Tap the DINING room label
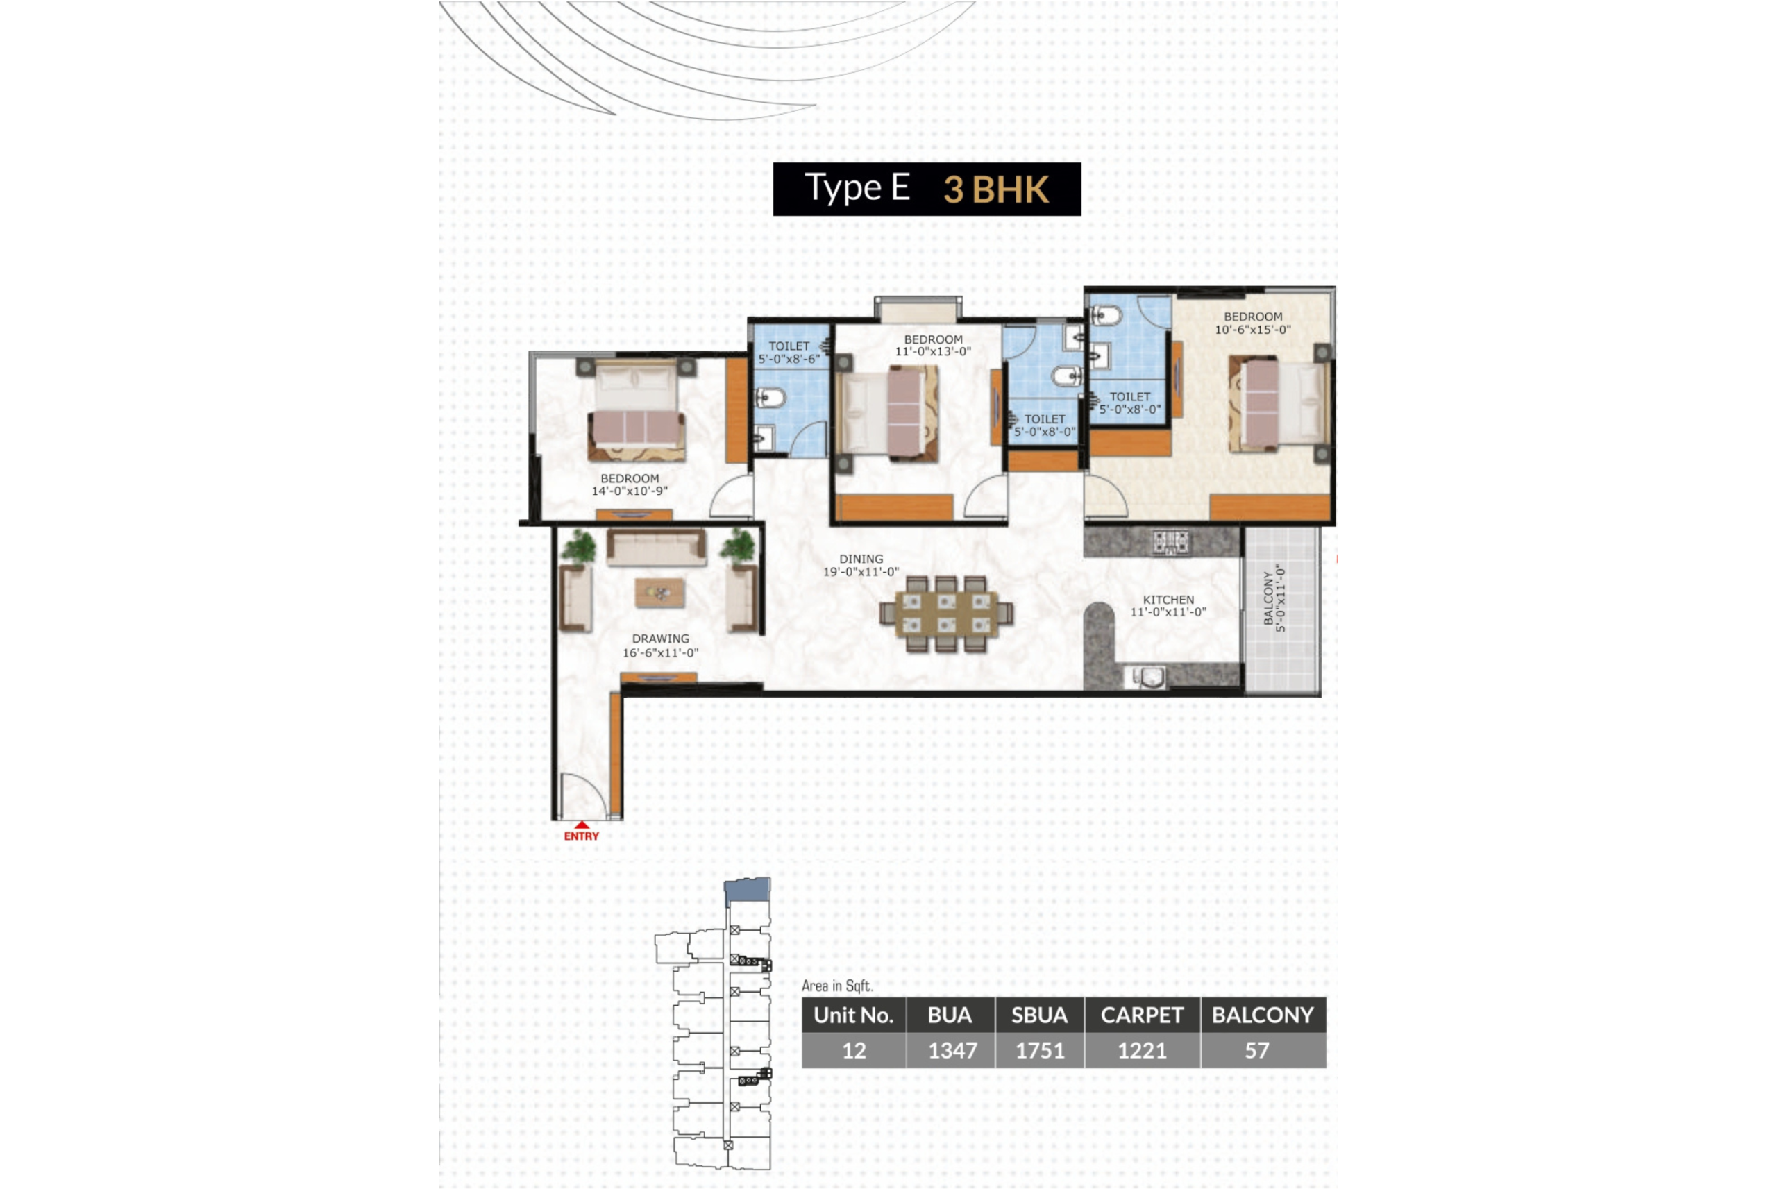pos(861,559)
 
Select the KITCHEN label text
pos(1168,600)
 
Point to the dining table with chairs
pos(945,614)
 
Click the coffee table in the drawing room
pos(659,593)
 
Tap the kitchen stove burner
pos(1171,542)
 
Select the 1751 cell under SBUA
pos(1039,1050)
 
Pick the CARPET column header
pos(1142,1015)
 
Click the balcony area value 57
pos(1256,1050)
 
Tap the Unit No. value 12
pos(854,1050)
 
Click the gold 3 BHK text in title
pos(995,189)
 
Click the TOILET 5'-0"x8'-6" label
pos(789,353)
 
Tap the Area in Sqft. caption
pos(837,986)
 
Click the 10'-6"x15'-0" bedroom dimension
pos(1252,330)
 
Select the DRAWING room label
pos(660,639)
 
